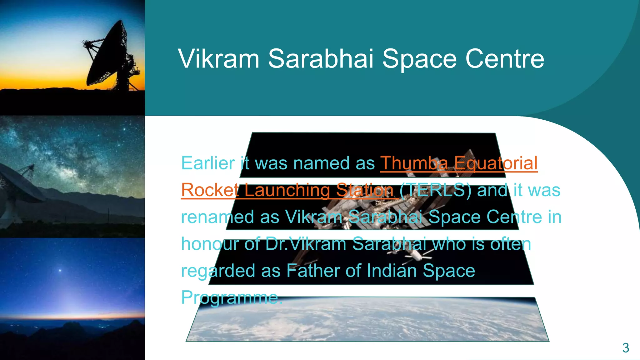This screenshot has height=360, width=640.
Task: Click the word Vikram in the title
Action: tap(219, 59)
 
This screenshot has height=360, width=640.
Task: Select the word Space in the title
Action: tap(419, 59)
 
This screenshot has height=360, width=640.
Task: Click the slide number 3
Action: tap(625, 348)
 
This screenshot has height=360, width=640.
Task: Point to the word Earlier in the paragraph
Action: tap(208, 163)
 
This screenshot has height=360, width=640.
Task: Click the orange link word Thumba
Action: tap(414, 163)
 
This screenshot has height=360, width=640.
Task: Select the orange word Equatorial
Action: tap(496, 163)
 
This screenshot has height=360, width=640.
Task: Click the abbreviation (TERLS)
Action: tap(435, 190)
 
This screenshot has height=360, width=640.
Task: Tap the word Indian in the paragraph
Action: tap(392, 271)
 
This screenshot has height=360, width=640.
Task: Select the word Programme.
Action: tap(232, 297)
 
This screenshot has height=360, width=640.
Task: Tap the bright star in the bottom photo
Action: tap(60, 270)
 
